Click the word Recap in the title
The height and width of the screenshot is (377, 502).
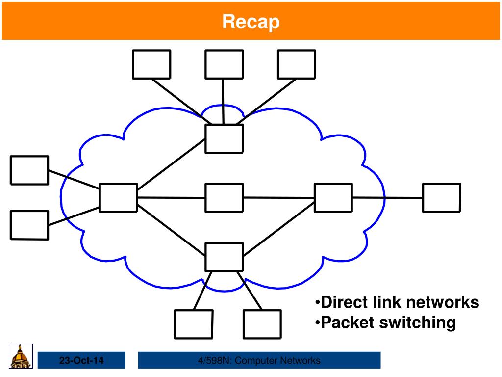pos(251,22)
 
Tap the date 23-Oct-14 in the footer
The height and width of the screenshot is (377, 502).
pos(81,361)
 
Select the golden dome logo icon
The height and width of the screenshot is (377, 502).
pos(21,356)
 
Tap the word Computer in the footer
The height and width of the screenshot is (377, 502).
pos(253,361)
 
